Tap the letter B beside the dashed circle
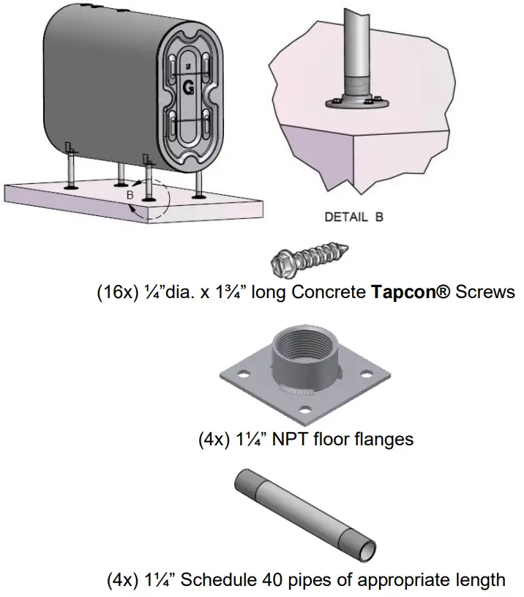[130, 196]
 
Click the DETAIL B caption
[354, 217]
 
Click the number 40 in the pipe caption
[272, 580]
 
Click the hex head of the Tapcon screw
[282, 261]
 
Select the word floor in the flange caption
[329, 439]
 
